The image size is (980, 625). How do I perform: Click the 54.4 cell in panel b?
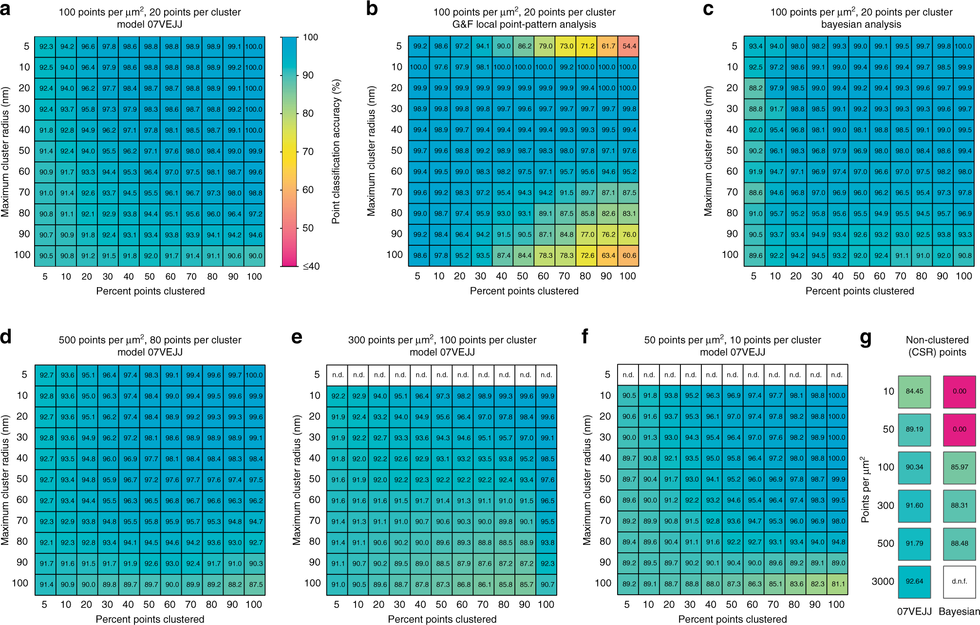click(629, 46)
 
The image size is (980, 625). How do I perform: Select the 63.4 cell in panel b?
click(608, 255)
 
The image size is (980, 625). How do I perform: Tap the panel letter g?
click(866, 337)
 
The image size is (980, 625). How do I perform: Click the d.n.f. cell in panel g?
click(959, 582)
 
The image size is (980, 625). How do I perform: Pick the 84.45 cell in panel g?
click(914, 391)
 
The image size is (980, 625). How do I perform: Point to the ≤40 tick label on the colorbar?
click(311, 266)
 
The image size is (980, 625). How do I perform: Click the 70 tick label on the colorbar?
click(308, 152)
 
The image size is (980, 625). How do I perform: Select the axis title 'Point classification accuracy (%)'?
click(336, 152)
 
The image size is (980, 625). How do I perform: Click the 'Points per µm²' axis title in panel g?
click(865, 489)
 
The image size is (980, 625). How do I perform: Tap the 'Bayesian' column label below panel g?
click(959, 611)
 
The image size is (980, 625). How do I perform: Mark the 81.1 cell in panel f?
click(838, 584)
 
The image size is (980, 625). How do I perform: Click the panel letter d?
click(6, 337)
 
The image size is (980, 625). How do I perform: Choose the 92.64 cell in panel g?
click(914, 582)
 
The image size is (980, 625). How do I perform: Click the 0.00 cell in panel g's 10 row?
click(959, 391)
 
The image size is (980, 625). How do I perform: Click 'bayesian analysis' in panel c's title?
click(861, 24)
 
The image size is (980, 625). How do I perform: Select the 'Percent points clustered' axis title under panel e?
click(442, 619)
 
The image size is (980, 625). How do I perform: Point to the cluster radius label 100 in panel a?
click(22, 255)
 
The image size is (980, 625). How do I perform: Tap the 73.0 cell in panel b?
click(566, 46)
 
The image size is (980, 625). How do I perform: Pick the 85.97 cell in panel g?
click(959, 468)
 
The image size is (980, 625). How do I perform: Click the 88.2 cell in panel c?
click(755, 88)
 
